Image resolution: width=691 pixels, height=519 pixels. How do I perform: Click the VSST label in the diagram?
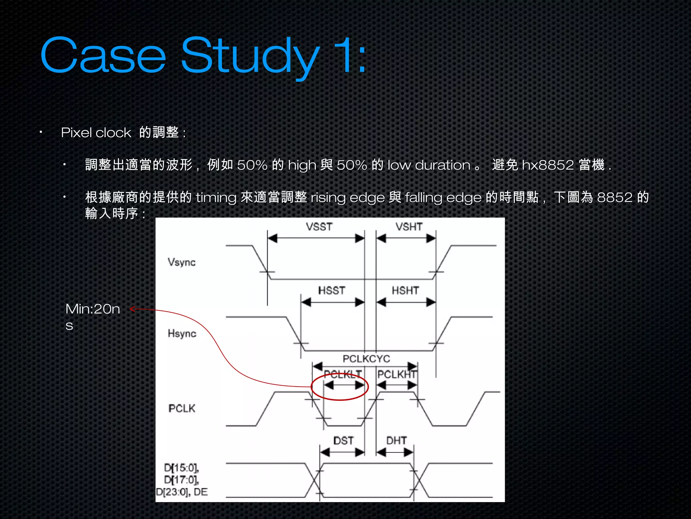(x=319, y=226)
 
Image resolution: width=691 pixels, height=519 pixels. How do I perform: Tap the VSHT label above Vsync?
(x=409, y=226)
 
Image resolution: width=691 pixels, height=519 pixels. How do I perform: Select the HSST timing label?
(x=332, y=290)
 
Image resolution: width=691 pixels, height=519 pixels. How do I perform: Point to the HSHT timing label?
(x=405, y=290)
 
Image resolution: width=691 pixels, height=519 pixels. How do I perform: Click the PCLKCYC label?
(x=366, y=359)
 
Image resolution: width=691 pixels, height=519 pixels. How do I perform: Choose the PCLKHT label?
(x=397, y=374)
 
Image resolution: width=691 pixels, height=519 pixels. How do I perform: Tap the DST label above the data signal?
(x=343, y=441)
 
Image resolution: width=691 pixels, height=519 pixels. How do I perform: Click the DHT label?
(x=396, y=441)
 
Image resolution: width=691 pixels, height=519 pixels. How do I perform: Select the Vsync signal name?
(x=182, y=262)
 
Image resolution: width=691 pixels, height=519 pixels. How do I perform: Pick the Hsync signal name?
(x=182, y=333)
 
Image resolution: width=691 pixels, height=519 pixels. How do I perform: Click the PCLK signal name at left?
(x=182, y=409)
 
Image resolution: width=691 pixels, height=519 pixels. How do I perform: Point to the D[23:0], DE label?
(x=182, y=492)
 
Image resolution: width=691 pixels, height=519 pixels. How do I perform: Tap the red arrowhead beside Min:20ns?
(x=132, y=309)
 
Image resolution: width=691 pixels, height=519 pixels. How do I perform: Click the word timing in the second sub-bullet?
(x=216, y=197)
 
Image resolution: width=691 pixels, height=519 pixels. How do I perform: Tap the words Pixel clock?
(x=96, y=132)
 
